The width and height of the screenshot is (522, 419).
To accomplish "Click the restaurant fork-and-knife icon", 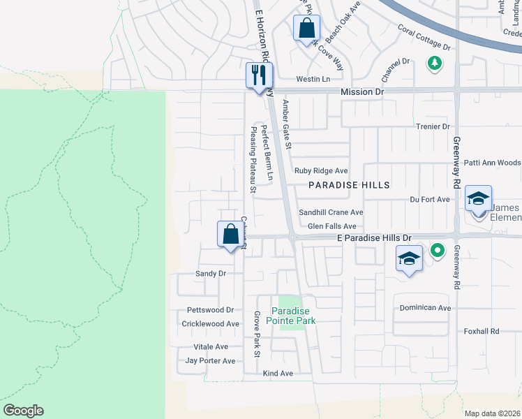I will click(x=259, y=75).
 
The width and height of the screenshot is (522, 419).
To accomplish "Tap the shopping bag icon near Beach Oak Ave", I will click(x=306, y=29).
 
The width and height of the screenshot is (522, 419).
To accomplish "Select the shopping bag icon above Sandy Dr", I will click(x=231, y=235).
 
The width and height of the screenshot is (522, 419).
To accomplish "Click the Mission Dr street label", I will click(x=362, y=92).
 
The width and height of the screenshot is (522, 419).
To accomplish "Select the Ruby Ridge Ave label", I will click(x=321, y=171).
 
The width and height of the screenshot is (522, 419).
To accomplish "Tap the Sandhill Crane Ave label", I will click(x=331, y=212).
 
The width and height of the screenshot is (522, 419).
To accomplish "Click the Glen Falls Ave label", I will click(x=331, y=226).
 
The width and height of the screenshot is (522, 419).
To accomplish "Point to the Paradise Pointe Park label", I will click(x=294, y=316).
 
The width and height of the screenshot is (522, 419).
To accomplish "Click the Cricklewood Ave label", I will click(x=210, y=324).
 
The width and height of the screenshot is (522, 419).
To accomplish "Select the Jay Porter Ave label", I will click(x=210, y=361).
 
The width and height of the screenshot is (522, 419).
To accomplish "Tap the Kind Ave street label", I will click(x=278, y=374).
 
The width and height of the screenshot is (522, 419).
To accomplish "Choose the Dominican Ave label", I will click(x=425, y=307).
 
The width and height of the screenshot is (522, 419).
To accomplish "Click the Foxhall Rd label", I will click(x=482, y=331).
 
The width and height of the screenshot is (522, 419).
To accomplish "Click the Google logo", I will click(x=23, y=411).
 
